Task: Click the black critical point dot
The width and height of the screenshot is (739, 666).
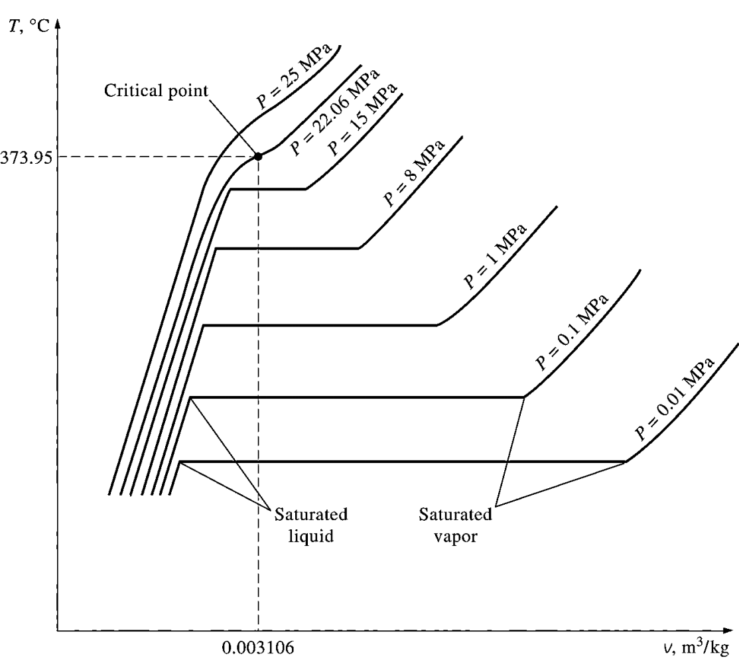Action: (x=258, y=157)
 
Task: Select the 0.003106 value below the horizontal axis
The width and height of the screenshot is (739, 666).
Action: (x=258, y=646)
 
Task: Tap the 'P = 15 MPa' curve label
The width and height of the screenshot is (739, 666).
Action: (x=365, y=119)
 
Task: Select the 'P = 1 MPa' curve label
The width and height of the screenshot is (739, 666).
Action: (x=496, y=257)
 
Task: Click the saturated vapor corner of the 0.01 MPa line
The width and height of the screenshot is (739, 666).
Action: (x=626, y=461)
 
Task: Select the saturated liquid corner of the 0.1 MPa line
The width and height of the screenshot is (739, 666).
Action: (x=190, y=397)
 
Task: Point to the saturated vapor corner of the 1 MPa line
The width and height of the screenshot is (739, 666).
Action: (x=437, y=325)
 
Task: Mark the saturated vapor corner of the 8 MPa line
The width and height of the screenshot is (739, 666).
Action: (x=359, y=248)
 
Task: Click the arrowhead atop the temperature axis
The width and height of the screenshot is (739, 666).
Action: (x=58, y=29)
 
